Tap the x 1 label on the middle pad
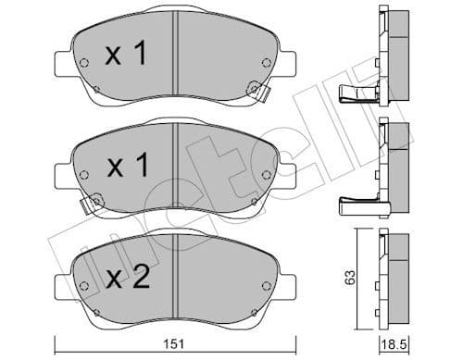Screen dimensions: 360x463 point(126,167)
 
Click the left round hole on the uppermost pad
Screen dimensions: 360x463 point(85,64)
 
